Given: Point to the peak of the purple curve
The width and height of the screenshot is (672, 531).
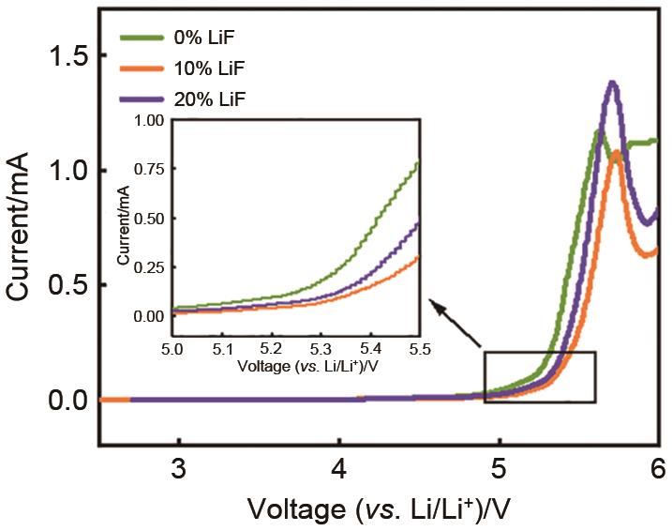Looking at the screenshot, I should point(613,83).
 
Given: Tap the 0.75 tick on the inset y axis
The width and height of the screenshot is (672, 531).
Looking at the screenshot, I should point(149,169).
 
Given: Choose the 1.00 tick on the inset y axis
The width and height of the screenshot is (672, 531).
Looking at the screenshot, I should point(149,120).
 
